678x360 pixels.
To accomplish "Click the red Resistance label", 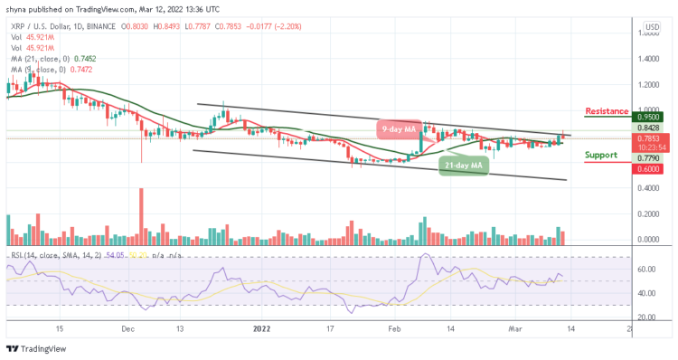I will click(x=607, y=111).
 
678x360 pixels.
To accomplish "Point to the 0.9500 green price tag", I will click(x=648, y=117).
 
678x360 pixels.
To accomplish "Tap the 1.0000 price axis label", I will click(x=647, y=109).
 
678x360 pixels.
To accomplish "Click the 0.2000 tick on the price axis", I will click(x=647, y=213).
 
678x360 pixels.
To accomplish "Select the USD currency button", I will click(x=648, y=28).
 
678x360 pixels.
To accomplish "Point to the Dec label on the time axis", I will click(x=127, y=330).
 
